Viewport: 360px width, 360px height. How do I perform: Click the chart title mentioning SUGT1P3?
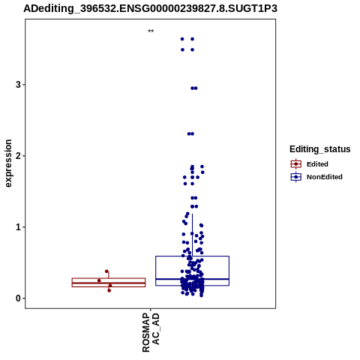point(150,8)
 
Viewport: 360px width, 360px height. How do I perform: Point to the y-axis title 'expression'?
point(8,163)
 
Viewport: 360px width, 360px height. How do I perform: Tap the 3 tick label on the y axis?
point(18,85)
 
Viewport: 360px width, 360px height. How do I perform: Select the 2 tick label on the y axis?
point(18,156)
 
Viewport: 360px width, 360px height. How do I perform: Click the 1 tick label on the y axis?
point(18,227)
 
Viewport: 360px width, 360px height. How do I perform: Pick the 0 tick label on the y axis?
point(18,298)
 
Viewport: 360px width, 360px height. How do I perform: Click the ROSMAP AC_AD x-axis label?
point(151,332)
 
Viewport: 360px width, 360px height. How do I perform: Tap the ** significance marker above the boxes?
point(151,31)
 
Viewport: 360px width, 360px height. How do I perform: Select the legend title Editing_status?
point(320,149)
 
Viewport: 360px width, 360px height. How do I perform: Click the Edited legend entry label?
point(317,164)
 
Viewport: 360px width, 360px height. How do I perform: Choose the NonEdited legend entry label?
point(325,177)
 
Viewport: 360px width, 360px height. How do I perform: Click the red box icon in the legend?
point(296,164)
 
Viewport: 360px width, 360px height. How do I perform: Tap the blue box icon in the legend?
point(296,177)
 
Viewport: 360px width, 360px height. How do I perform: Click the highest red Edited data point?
point(106,271)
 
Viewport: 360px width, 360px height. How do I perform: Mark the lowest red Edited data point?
point(109,290)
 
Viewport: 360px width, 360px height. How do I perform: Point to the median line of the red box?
point(109,283)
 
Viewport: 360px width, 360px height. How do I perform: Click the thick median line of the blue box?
point(192,279)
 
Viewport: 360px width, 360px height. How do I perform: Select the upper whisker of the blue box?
point(192,235)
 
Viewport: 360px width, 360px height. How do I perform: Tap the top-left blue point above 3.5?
point(182,39)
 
